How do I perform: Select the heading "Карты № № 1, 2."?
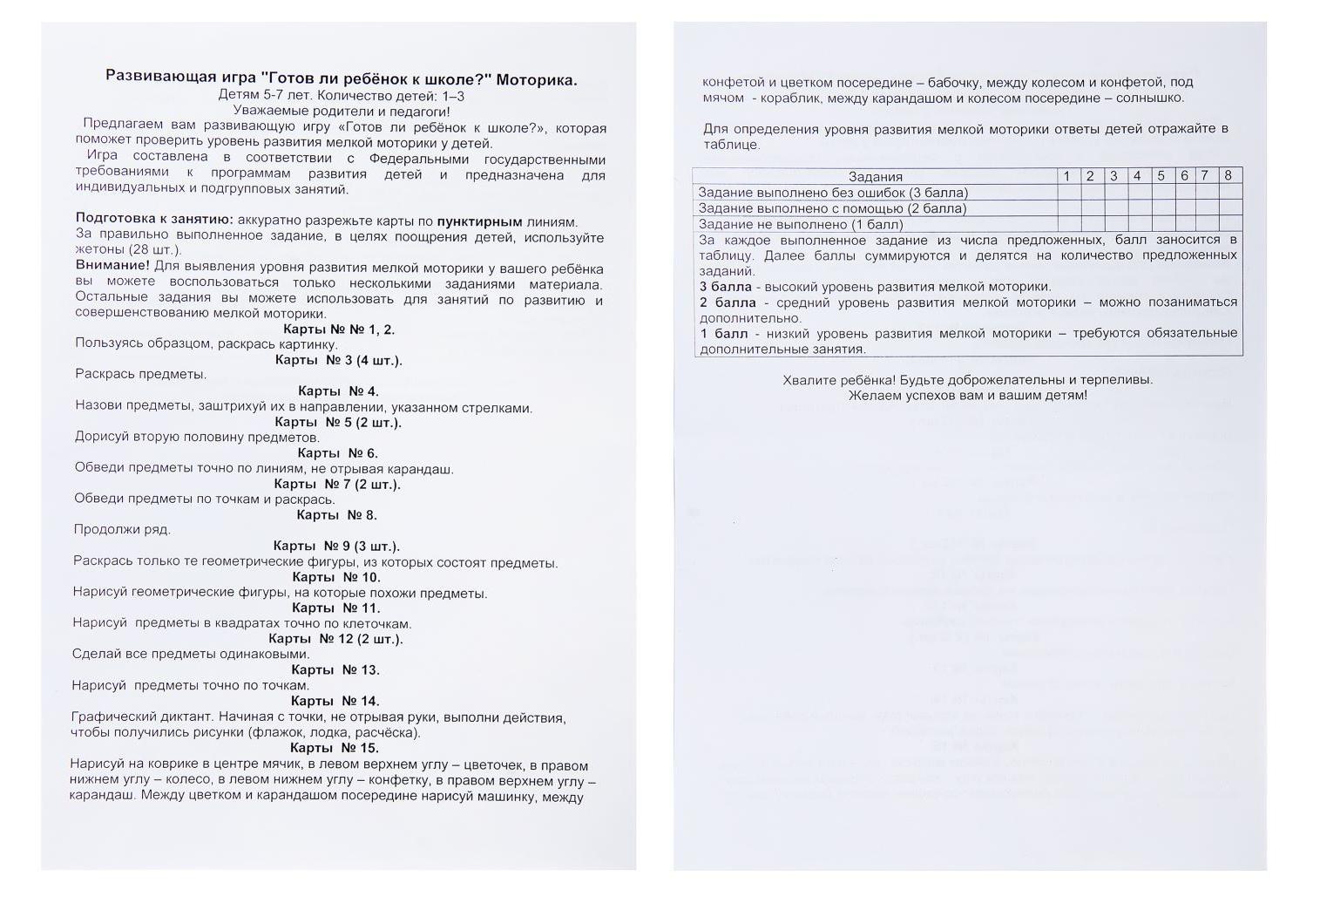pyautogui.click(x=338, y=329)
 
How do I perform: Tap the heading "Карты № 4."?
pyautogui.click(x=338, y=391)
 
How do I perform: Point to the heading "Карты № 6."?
pyautogui.click(x=337, y=453)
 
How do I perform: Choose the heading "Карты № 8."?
pyautogui.click(x=336, y=515)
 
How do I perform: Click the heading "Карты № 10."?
pyautogui.click(x=336, y=577)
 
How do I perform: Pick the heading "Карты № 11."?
pyautogui.click(x=336, y=608)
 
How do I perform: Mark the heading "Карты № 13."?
pyautogui.click(x=335, y=669)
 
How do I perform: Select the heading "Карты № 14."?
pyautogui.click(x=335, y=701)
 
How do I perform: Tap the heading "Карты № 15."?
pyautogui.click(x=334, y=748)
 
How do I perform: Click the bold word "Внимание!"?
pyautogui.click(x=112, y=265)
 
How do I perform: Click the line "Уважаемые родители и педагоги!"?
pyautogui.click(x=342, y=112)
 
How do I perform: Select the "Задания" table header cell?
pyautogui.click(x=875, y=176)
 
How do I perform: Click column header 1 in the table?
pyautogui.click(x=1066, y=175)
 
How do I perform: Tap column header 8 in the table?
pyautogui.click(x=1229, y=175)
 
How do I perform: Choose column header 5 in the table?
pyautogui.click(x=1161, y=175)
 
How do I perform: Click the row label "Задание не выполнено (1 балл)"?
pyautogui.click(x=801, y=224)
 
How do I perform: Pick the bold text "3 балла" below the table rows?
pyautogui.click(x=725, y=287)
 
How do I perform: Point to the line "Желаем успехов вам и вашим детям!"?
pyautogui.click(x=967, y=396)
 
